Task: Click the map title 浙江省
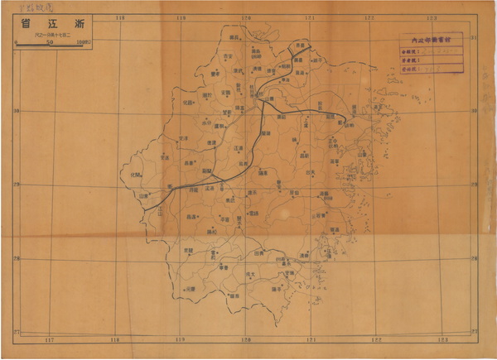click(x=47, y=24)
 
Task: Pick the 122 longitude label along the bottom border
click(x=375, y=339)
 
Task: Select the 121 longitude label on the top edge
click(x=309, y=17)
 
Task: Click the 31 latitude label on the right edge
click(x=473, y=39)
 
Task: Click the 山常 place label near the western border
click(x=145, y=196)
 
